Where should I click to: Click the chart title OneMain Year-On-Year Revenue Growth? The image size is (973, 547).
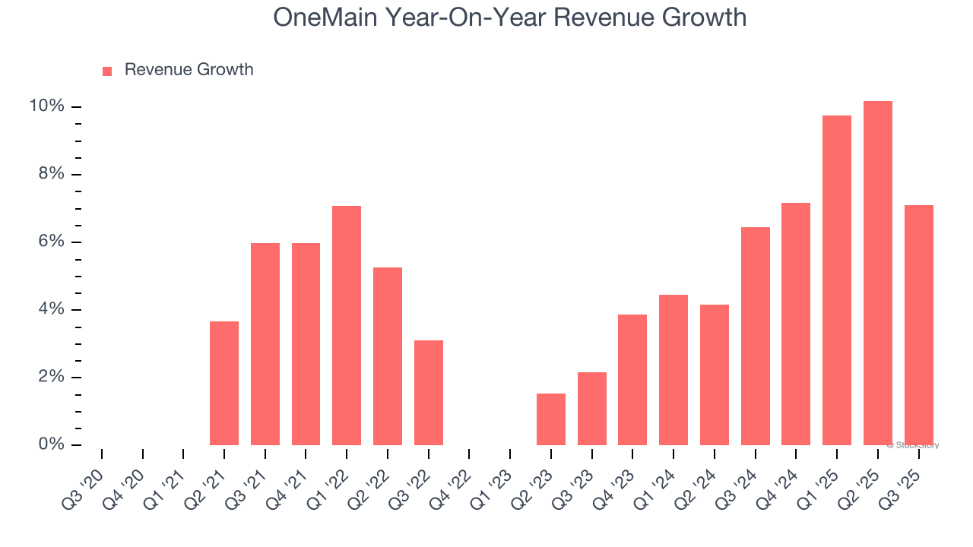click(509, 17)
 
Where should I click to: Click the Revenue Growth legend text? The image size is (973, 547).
click(189, 70)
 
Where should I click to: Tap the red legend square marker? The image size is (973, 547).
click(107, 71)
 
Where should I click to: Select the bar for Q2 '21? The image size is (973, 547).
click(224, 383)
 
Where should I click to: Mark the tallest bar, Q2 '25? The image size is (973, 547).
click(878, 273)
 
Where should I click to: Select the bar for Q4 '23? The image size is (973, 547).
click(632, 379)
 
